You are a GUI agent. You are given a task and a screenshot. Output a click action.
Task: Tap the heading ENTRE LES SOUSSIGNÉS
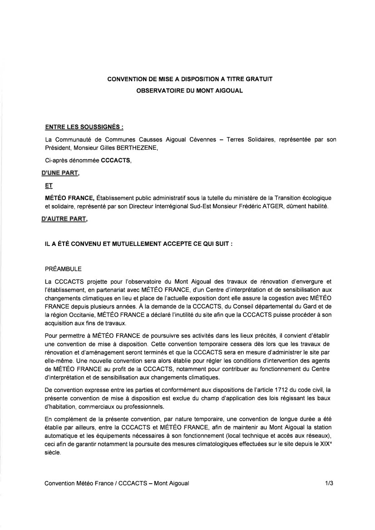tap(84, 126)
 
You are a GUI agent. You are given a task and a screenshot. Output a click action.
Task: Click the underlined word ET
tap(49, 186)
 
